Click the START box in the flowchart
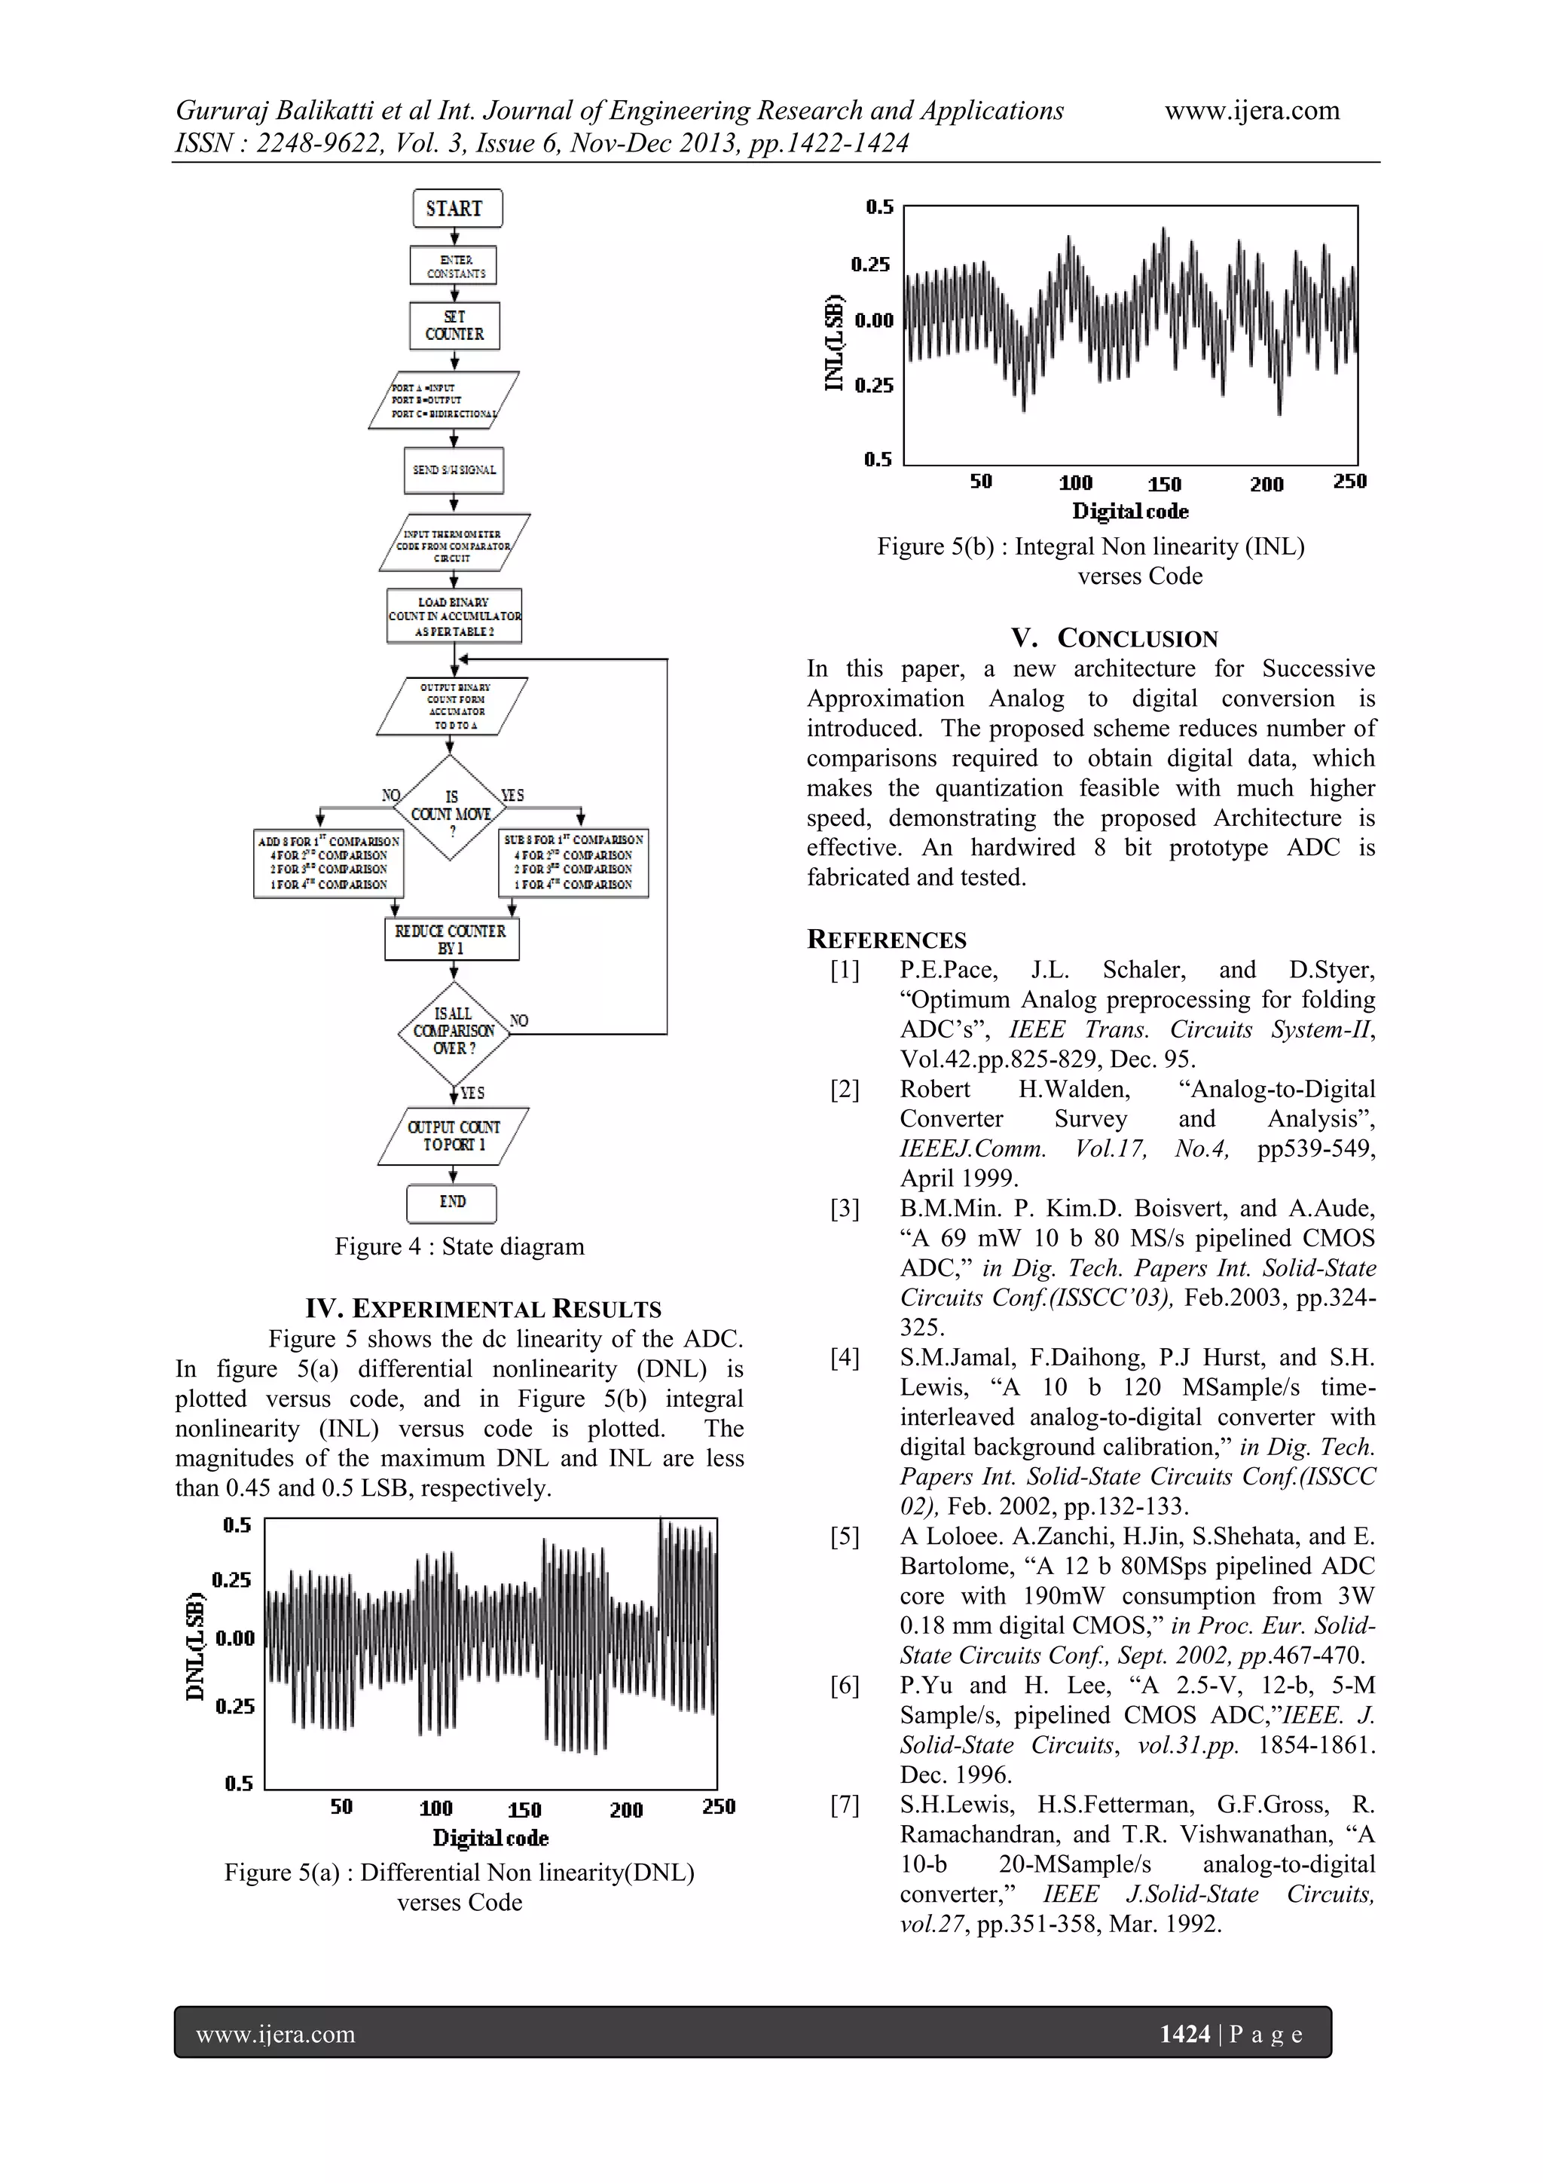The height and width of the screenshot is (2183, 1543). [x=457, y=208]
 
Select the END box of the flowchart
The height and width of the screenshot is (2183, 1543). [x=451, y=1203]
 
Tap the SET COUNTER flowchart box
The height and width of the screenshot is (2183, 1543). [x=454, y=326]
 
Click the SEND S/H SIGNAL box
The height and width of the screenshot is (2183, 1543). [x=454, y=469]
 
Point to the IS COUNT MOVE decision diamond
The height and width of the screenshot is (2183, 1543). [x=451, y=807]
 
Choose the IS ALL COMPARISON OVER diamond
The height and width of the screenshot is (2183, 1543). [x=454, y=1032]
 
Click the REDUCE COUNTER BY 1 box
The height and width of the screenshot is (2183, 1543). [x=451, y=940]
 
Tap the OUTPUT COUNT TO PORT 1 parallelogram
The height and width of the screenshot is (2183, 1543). [x=454, y=1136]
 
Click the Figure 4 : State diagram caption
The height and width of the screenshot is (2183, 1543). [x=459, y=1246]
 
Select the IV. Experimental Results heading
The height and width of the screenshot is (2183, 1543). [x=483, y=1309]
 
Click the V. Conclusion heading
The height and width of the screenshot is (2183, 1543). [x=1114, y=638]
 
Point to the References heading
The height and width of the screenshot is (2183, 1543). [x=886, y=940]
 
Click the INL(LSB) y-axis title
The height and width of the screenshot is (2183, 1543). [x=834, y=342]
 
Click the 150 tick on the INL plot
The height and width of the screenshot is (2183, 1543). [x=1164, y=484]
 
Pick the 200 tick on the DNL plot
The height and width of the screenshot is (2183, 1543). [x=625, y=1809]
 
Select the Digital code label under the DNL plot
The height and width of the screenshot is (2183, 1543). [x=490, y=1838]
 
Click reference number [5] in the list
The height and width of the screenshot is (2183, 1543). [x=845, y=1536]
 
